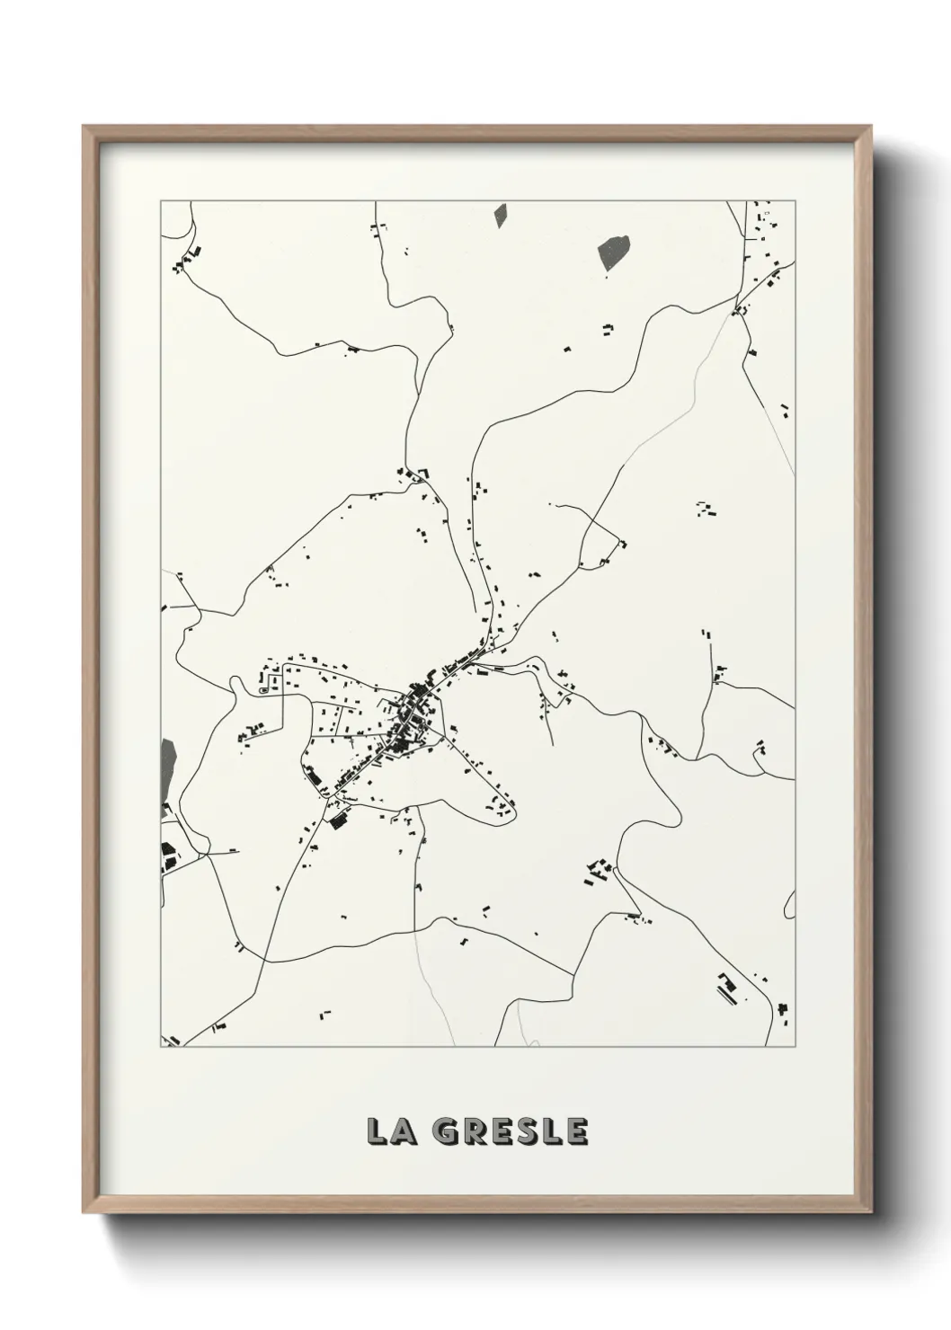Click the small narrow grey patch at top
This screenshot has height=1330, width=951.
tap(500, 215)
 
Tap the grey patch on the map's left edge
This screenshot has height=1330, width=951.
tap(167, 762)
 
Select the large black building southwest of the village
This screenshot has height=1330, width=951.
tap(339, 820)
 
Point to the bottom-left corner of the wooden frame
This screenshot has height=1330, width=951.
tap(85, 1210)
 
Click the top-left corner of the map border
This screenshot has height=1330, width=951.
tap(161, 201)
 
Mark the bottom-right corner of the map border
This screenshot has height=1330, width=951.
tap(795, 1046)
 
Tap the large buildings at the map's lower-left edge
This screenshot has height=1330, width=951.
tap(167, 858)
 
